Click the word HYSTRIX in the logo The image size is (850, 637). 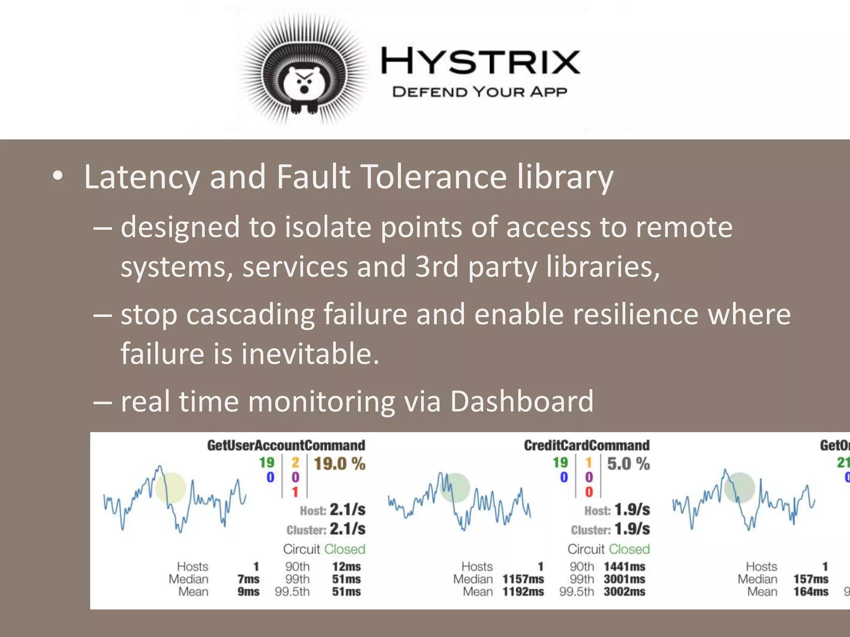[x=480, y=61]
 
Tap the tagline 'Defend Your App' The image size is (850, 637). [x=479, y=92]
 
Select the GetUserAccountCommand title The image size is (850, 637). [x=286, y=445]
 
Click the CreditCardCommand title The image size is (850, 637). [x=586, y=445]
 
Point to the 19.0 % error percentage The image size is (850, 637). [x=339, y=464]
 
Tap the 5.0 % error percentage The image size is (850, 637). [x=628, y=464]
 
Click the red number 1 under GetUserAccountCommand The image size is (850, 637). [x=295, y=492]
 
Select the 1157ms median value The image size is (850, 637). [x=523, y=579]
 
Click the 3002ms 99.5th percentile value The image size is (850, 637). [x=624, y=592]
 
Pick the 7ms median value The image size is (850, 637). [x=248, y=579]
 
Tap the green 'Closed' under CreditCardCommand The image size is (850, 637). [x=629, y=549]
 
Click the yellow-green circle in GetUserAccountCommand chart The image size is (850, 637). [x=170, y=488]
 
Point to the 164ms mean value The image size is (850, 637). [x=811, y=592]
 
